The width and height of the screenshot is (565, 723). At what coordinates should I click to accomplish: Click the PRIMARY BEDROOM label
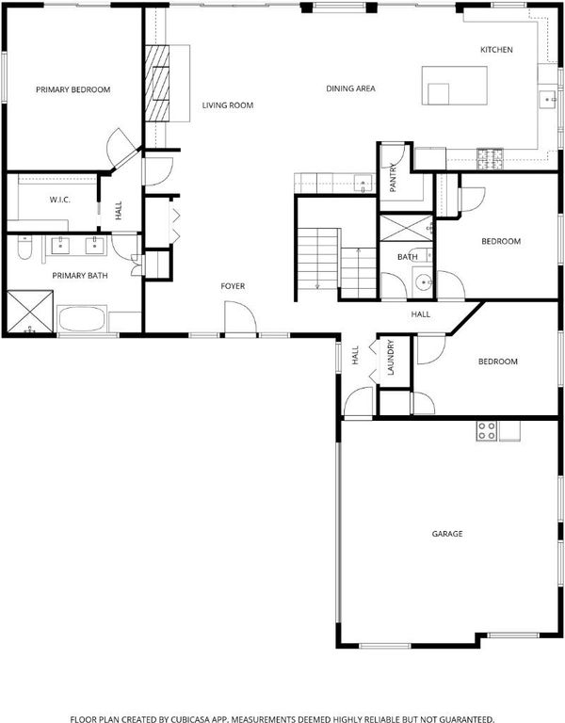[x=73, y=89]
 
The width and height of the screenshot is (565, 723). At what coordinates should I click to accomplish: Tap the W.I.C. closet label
[x=59, y=200]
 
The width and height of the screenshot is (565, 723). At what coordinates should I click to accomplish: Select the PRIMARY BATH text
[x=80, y=276]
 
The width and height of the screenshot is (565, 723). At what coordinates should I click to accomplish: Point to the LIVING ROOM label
[x=227, y=105]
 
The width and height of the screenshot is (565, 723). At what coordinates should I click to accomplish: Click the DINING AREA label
[x=350, y=88]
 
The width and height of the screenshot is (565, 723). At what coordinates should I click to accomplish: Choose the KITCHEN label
[x=496, y=50]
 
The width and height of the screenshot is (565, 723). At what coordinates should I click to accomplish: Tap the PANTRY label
[x=393, y=178]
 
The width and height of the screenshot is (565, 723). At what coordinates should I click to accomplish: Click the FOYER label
[x=233, y=286]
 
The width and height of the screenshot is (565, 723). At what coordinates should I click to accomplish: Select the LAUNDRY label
[x=390, y=358]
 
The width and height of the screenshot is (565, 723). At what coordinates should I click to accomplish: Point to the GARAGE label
[x=447, y=534]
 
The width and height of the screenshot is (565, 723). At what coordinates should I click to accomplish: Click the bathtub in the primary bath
[x=82, y=318]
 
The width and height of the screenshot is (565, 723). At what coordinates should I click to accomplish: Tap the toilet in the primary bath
[x=24, y=249]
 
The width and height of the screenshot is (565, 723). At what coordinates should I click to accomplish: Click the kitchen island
[x=454, y=86]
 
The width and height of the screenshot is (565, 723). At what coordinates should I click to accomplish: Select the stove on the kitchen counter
[x=490, y=158]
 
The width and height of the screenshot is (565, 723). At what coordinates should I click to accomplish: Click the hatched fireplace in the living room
[x=157, y=84]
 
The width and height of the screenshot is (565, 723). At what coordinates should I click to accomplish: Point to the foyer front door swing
[x=240, y=316]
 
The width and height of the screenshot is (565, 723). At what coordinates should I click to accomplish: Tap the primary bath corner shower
[x=30, y=312]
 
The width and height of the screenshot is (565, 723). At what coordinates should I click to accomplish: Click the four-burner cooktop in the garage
[x=487, y=431]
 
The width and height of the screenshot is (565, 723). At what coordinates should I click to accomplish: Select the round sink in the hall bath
[x=422, y=281]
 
